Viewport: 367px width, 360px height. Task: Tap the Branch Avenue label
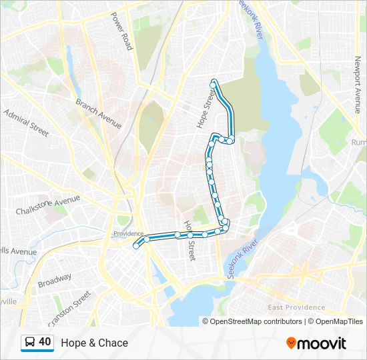(98, 113)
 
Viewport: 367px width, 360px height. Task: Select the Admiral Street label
(26, 123)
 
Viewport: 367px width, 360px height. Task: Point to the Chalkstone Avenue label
(47, 205)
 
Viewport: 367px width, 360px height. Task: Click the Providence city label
(128, 233)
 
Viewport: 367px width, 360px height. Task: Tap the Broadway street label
(54, 282)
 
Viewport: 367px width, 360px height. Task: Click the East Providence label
(296, 307)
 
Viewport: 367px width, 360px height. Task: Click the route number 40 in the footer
(45, 342)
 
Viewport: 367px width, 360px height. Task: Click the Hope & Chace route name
(94, 343)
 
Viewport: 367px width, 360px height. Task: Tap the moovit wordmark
(322, 343)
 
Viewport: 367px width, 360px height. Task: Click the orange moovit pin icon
(291, 343)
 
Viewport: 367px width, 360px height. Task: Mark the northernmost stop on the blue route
(214, 82)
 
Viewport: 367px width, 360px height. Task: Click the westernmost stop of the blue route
(136, 246)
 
